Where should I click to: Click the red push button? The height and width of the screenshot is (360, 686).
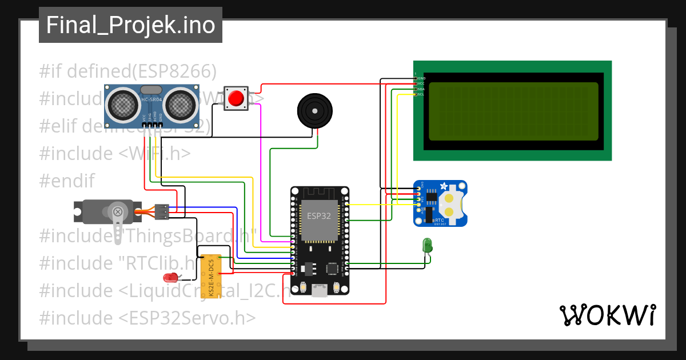click(236, 99)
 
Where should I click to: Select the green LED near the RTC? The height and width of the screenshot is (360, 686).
click(426, 246)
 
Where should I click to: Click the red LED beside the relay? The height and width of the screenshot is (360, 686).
click(170, 278)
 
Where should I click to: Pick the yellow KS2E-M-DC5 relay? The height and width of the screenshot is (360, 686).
click(210, 277)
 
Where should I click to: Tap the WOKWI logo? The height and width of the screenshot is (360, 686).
click(607, 315)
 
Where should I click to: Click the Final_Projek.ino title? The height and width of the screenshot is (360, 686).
click(130, 26)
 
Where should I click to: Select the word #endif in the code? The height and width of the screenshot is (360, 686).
click(67, 181)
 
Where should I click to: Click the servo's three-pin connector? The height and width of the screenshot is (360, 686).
click(162, 211)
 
